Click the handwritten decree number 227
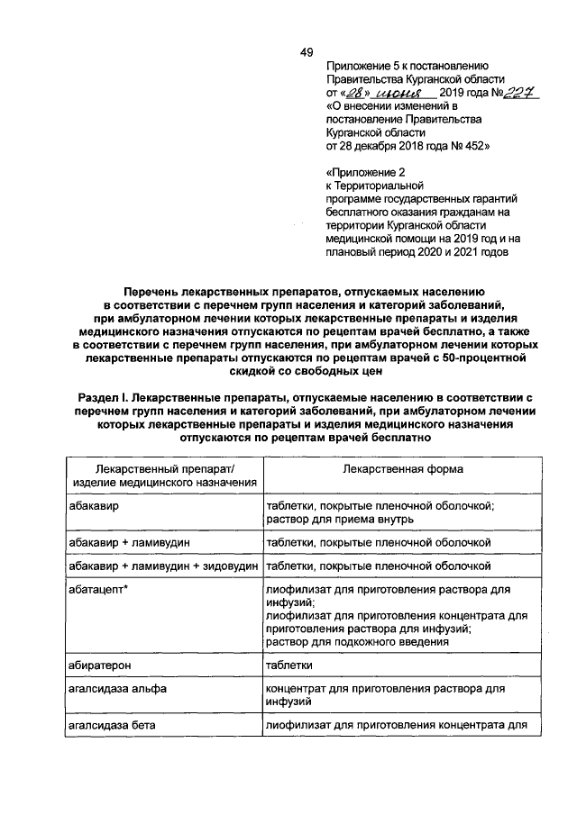(517, 93)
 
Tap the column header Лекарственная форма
(403, 469)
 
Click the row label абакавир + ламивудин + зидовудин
(164, 566)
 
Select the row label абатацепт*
(101, 590)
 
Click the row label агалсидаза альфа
(114, 688)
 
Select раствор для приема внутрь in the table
(339, 520)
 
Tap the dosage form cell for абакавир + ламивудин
(378, 543)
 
